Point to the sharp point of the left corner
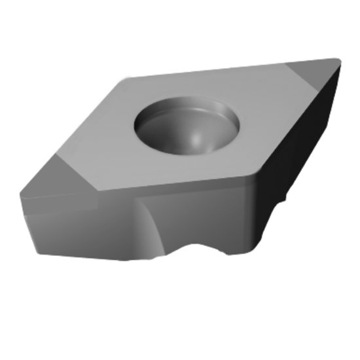(x=21, y=194)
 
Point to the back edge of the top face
(x=223, y=69)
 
